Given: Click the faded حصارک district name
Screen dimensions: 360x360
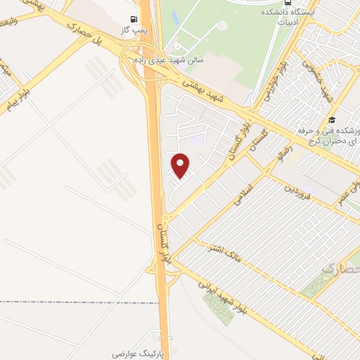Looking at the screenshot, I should coord(339,269).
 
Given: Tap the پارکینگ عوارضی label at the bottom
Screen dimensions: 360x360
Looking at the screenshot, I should coord(137,349).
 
